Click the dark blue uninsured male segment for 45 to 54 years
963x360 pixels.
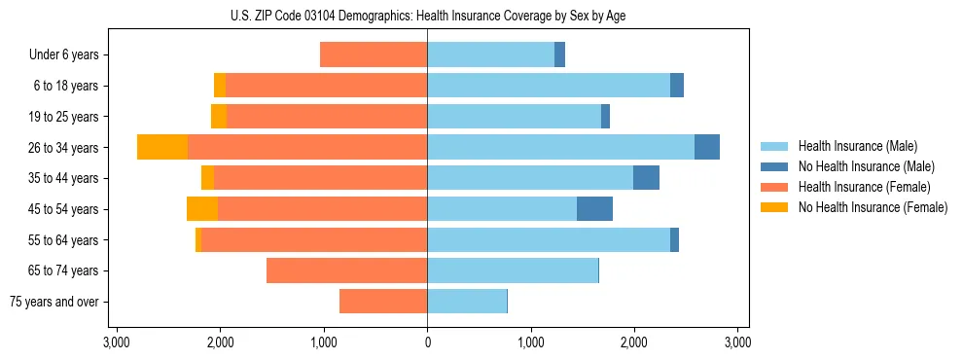coord(594,209)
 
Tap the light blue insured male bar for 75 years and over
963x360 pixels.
coord(467,302)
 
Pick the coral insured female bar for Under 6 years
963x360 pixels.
coord(374,54)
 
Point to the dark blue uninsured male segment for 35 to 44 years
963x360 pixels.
coord(646,178)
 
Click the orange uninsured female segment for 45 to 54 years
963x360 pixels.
coord(202,209)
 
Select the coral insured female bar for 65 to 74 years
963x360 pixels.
coord(346,270)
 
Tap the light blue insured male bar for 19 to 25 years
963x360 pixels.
coord(514,117)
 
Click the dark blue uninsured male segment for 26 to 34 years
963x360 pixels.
coord(707,147)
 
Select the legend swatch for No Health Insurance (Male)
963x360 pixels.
coord(775,166)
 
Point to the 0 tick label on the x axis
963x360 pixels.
coord(427,342)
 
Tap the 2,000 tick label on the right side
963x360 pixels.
coord(634,342)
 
